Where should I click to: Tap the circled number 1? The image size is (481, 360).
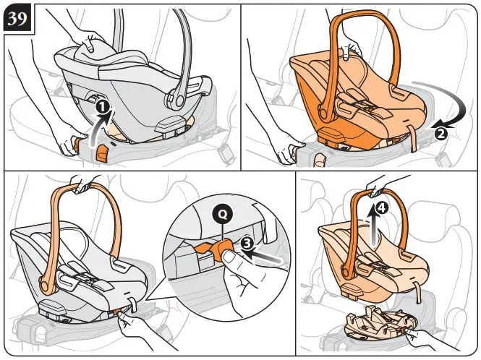pos(103,106)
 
